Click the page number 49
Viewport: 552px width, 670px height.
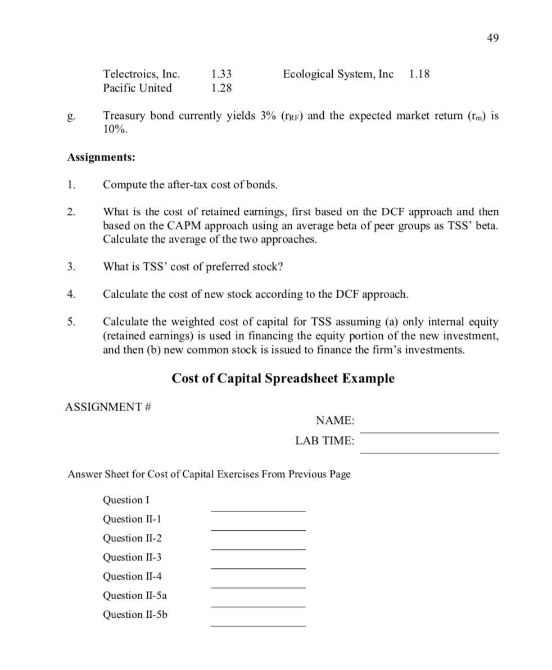(x=492, y=38)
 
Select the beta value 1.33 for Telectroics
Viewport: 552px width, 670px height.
(x=221, y=74)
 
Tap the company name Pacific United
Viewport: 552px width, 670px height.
(x=137, y=88)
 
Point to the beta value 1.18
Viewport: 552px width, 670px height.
(x=419, y=74)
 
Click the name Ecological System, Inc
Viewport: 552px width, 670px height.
(x=338, y=74)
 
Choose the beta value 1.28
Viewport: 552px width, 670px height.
(x=221, y=88)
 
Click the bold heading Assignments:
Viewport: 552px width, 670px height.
(x=101, y=157)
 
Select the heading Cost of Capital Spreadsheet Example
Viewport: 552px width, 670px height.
(x=283, y=379)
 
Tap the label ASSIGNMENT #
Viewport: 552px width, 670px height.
(x=108, y=407)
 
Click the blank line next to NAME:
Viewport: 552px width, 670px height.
(x=429, y=431)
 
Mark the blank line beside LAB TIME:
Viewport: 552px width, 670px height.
(x=429, y=452)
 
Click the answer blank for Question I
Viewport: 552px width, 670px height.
(x=258, y=510)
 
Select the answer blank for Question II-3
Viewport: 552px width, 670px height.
(x=258, y=567)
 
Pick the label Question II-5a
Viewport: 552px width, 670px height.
(x=135, y=595)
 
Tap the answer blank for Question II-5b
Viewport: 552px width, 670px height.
(x=258, y=625)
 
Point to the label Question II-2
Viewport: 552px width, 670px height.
(x=132, y=538)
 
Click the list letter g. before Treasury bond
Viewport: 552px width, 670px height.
(x=70, y=117)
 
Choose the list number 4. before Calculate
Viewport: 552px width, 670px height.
(x=71, y=294)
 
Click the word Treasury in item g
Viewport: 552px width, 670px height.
(x=123, y=116)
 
